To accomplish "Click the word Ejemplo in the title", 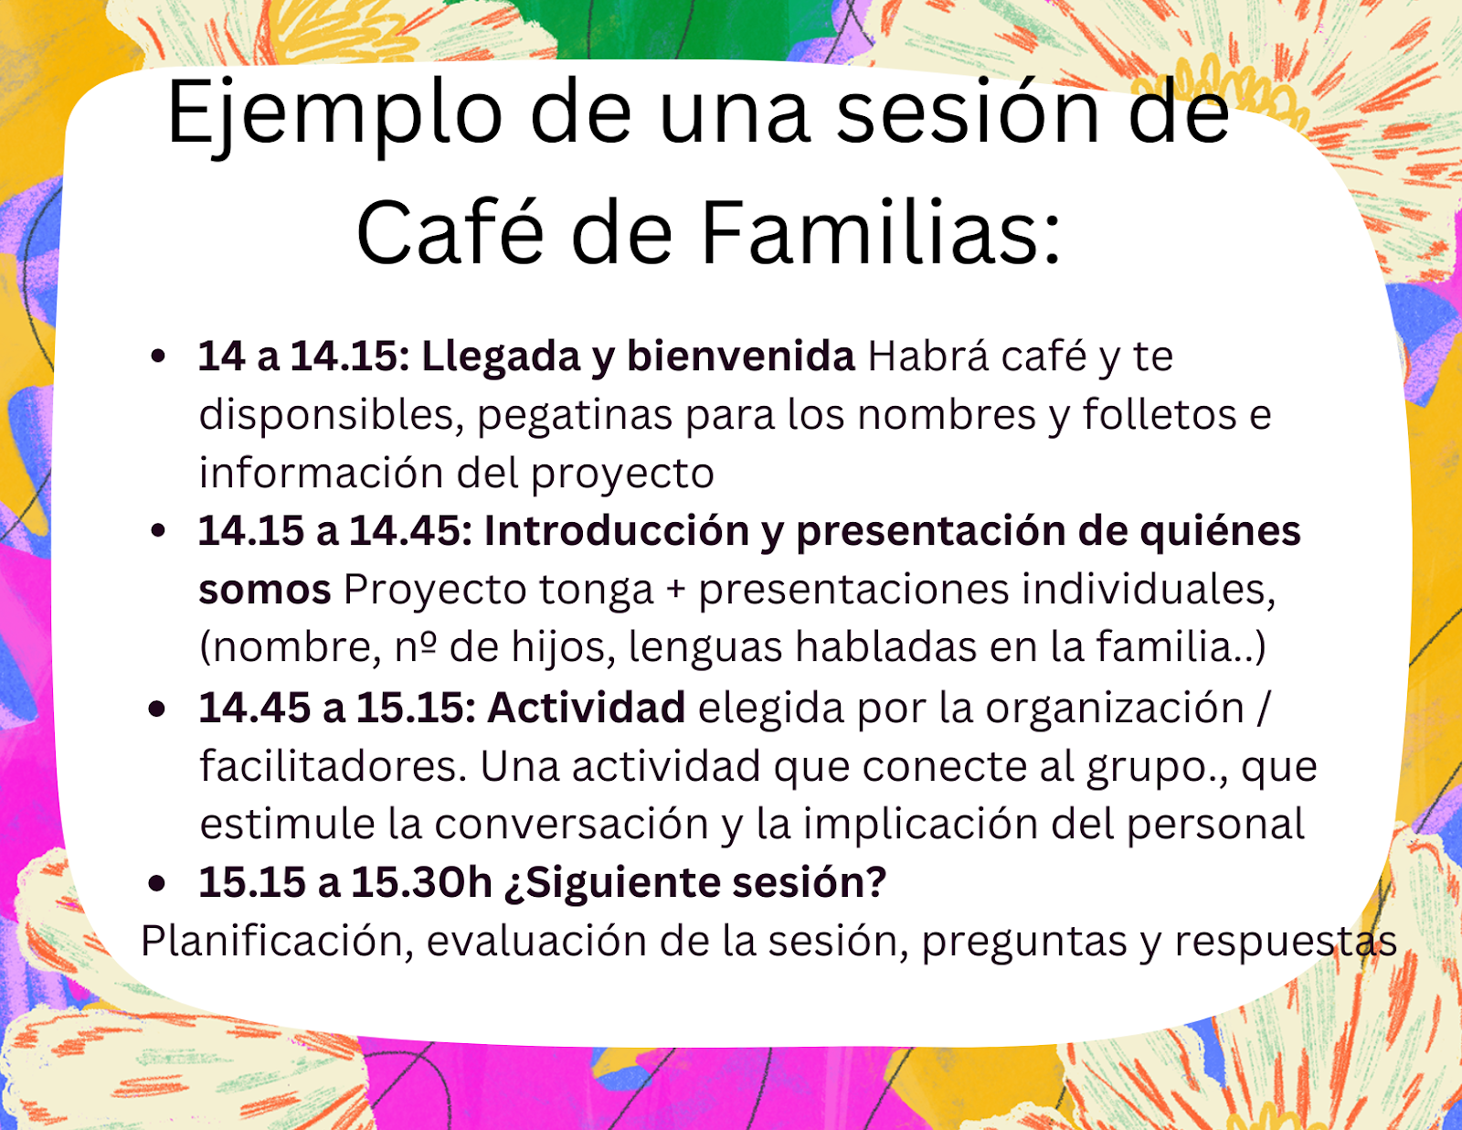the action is (334, 115).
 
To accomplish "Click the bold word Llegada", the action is (502, 357).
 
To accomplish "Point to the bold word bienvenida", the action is (741, 356).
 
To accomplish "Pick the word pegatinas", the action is (575, 416).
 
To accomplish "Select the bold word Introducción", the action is (616, 531).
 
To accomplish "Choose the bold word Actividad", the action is (586, 708).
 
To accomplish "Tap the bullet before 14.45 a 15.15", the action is (157, 709).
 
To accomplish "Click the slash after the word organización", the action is (1262, 708).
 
